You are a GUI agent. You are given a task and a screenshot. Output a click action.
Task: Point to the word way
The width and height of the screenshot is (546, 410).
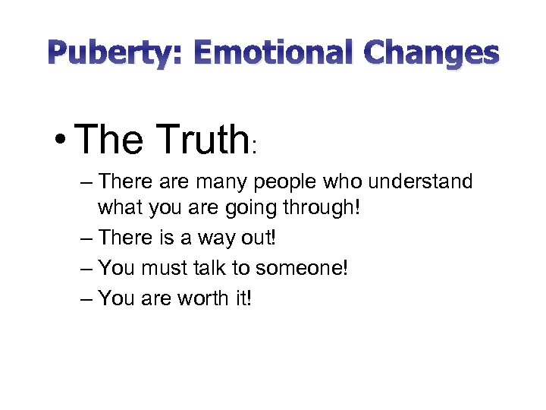pyautogui.click(x=216, y=238)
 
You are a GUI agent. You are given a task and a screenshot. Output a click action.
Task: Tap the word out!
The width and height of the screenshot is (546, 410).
pyautogui.click(x=259, y=238)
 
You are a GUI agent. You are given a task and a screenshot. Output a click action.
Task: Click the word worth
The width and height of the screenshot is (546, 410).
pyautogui.click(x=202, y=298)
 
